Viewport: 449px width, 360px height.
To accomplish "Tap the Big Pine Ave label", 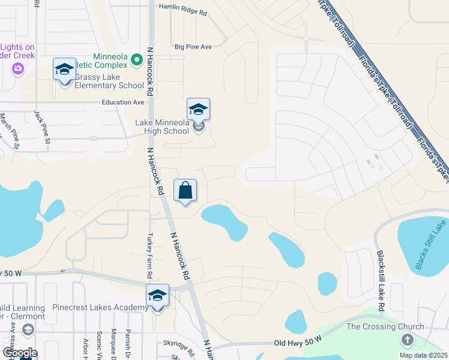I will (193, 46).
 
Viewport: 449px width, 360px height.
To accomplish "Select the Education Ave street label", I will (123, 102).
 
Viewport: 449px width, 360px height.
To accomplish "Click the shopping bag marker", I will (185, 191).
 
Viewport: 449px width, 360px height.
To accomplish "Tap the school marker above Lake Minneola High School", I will (198, 110).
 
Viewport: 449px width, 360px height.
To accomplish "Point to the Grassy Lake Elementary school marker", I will (65, 70).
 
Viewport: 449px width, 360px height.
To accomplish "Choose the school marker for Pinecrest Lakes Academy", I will (157, 296).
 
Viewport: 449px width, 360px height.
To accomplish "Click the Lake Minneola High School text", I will (162, 127).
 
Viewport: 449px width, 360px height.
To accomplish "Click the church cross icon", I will (408, 341).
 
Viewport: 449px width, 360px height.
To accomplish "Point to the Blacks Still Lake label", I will (431, 244).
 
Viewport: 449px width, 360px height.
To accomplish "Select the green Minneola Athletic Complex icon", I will (136, 59).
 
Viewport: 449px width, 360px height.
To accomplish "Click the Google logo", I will (20, 352).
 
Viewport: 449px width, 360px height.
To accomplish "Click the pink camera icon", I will (18, 68).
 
